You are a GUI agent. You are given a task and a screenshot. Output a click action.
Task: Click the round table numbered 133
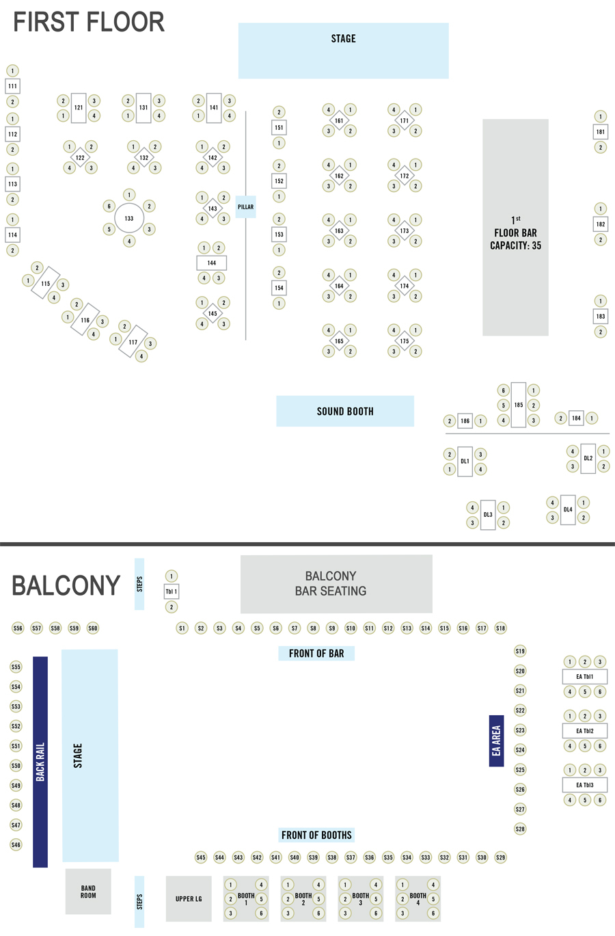pyautogui.click(x=129, y=218)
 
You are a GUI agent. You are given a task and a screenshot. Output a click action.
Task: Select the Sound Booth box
pyautogui.click(x=345, y=411)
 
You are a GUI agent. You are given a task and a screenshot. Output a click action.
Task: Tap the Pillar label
pyautogui.click(x=245, y=207)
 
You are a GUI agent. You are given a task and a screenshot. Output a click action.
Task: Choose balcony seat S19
pyautogui.click(x=520, y=651)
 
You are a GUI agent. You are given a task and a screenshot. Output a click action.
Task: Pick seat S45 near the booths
pyautogui.click(x=201, y=857)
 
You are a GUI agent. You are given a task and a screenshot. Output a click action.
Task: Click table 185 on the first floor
pyautogui.click(x=519, y=405)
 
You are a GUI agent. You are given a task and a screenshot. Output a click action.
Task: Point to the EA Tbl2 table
pyautogui.click(x=584, y=731)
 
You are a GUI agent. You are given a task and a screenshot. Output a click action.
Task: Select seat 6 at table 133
pyautogui.click(x=109, y=206)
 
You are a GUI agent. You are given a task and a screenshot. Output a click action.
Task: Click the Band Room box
pyautogui.click(x=88, y=892)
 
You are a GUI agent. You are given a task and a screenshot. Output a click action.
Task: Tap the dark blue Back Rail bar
pyautogui.click(x=40, y=762)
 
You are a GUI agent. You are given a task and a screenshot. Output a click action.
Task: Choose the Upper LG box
pyautogui.click(x=189, y=898)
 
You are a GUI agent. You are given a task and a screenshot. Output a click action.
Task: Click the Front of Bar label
pyautogui.click(x=316, y=654)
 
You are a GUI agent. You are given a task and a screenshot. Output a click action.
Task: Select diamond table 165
pyautogui.click(x=339, y=341)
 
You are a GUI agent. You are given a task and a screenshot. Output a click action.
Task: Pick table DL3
pyautogui.click(x=488, y=515)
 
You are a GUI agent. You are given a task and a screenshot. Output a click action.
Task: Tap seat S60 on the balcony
pyautogui.click(x=93, y=628)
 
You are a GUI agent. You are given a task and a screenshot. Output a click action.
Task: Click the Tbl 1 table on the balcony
pyautogui.click(x=172, y=591)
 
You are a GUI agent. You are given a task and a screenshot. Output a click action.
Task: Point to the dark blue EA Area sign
pyautogui.click(x=496, y=740)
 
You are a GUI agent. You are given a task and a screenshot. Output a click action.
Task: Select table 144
pyautogui.click(x=212, y=263)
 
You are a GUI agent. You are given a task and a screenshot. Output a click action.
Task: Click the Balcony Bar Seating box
pyautogui.click(x=336, y=584)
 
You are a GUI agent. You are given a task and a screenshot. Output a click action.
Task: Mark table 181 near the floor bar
pyautogui.click(x=601, y=132)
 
